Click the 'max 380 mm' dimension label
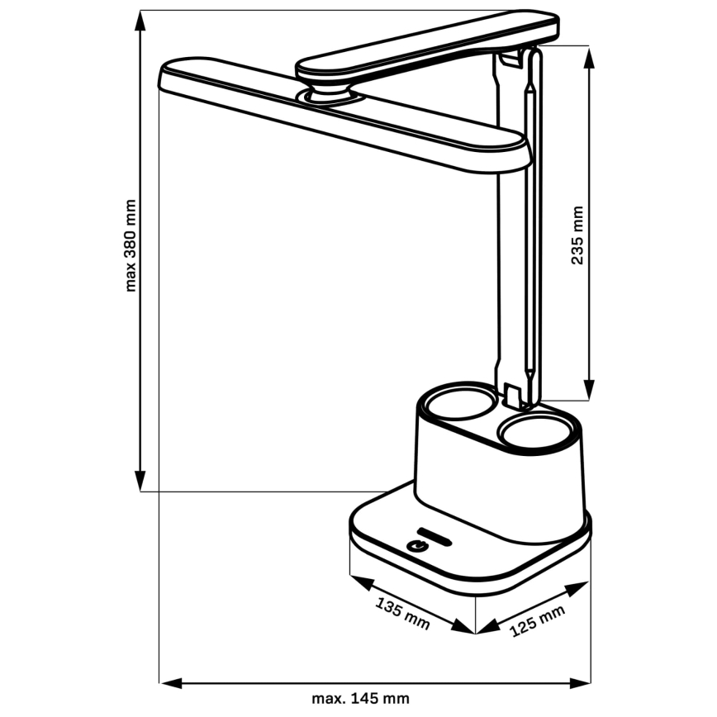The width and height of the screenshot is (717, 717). [131, 245]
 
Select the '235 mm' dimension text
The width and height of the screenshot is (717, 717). [577, 235]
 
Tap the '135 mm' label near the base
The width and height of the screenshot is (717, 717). [402, 613]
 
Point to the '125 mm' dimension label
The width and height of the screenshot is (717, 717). [538, 620]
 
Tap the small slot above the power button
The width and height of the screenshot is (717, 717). [434, 532]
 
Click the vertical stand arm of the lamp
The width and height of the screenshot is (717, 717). [521, 248]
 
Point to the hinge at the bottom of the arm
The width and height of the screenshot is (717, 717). [521, 394]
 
